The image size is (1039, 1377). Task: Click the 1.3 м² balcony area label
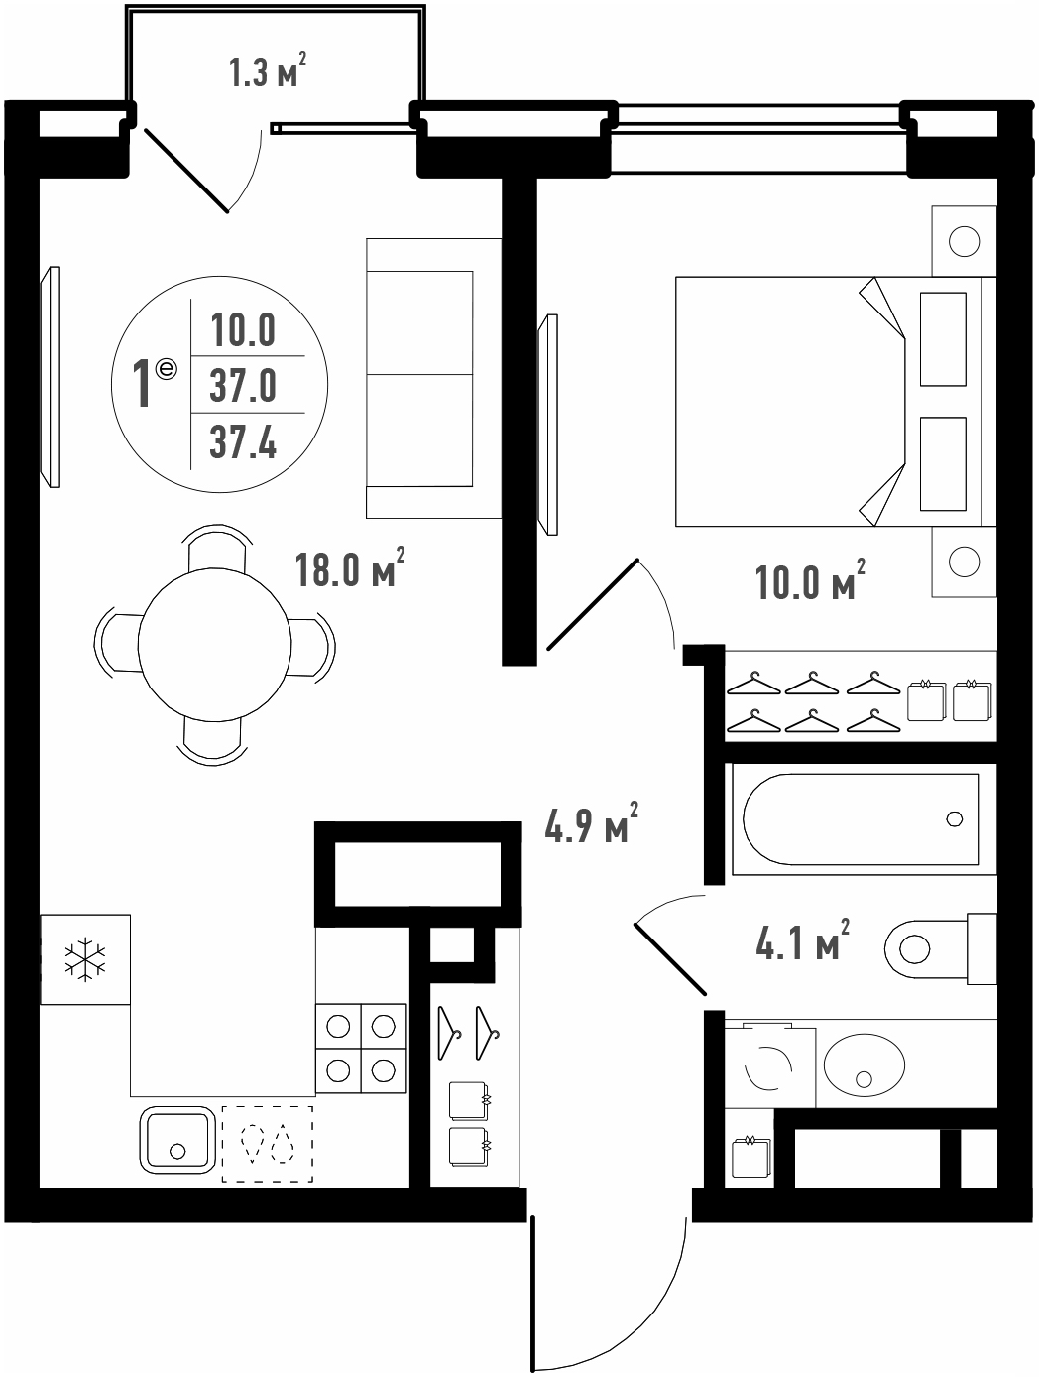[268, 69]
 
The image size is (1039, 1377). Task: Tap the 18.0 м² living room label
[350, 567]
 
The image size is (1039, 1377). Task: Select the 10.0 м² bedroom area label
[810, 580]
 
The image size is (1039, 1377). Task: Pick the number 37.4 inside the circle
[243, 442]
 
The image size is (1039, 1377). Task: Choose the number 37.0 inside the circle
[243, 385]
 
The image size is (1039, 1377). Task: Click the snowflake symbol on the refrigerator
[85, 959]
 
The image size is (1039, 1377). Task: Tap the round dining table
[214, 645]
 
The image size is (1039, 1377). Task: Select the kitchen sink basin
[177, 1139]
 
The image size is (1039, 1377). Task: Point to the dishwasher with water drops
[268, 1143]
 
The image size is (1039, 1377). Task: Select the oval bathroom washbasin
[865, 1064]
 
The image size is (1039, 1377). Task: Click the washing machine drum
[769, 1066]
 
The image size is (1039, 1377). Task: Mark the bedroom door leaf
[594, 604]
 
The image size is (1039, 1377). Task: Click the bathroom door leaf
[670, 959]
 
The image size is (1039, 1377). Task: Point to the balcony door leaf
[186, 171]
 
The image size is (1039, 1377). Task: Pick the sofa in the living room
[433, 378]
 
